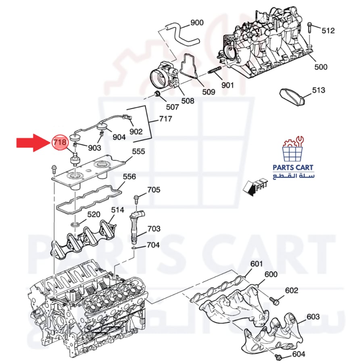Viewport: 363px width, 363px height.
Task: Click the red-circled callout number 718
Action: (x=60, y=142)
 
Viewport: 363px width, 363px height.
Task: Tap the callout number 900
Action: (x=197, y=23)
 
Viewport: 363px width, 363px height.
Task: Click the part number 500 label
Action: (x=321, y=67)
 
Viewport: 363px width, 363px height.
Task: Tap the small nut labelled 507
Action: (x=157, y=94)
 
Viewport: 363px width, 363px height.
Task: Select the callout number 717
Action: (x=165, y=119)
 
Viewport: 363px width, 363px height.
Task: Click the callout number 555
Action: (x=138, y=151)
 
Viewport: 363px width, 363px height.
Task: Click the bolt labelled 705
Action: (x=136, y=199)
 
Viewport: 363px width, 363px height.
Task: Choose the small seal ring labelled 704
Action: (x=134, y=248)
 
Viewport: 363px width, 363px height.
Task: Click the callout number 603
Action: (x=313, y=317)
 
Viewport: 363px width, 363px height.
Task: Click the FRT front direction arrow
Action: (x=255, y=186)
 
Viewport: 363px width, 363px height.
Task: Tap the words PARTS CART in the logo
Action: (x=293, y=167)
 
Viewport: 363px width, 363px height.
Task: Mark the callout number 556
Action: (x=129, y=177)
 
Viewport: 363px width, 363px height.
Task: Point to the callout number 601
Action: (x=257, y=264)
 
